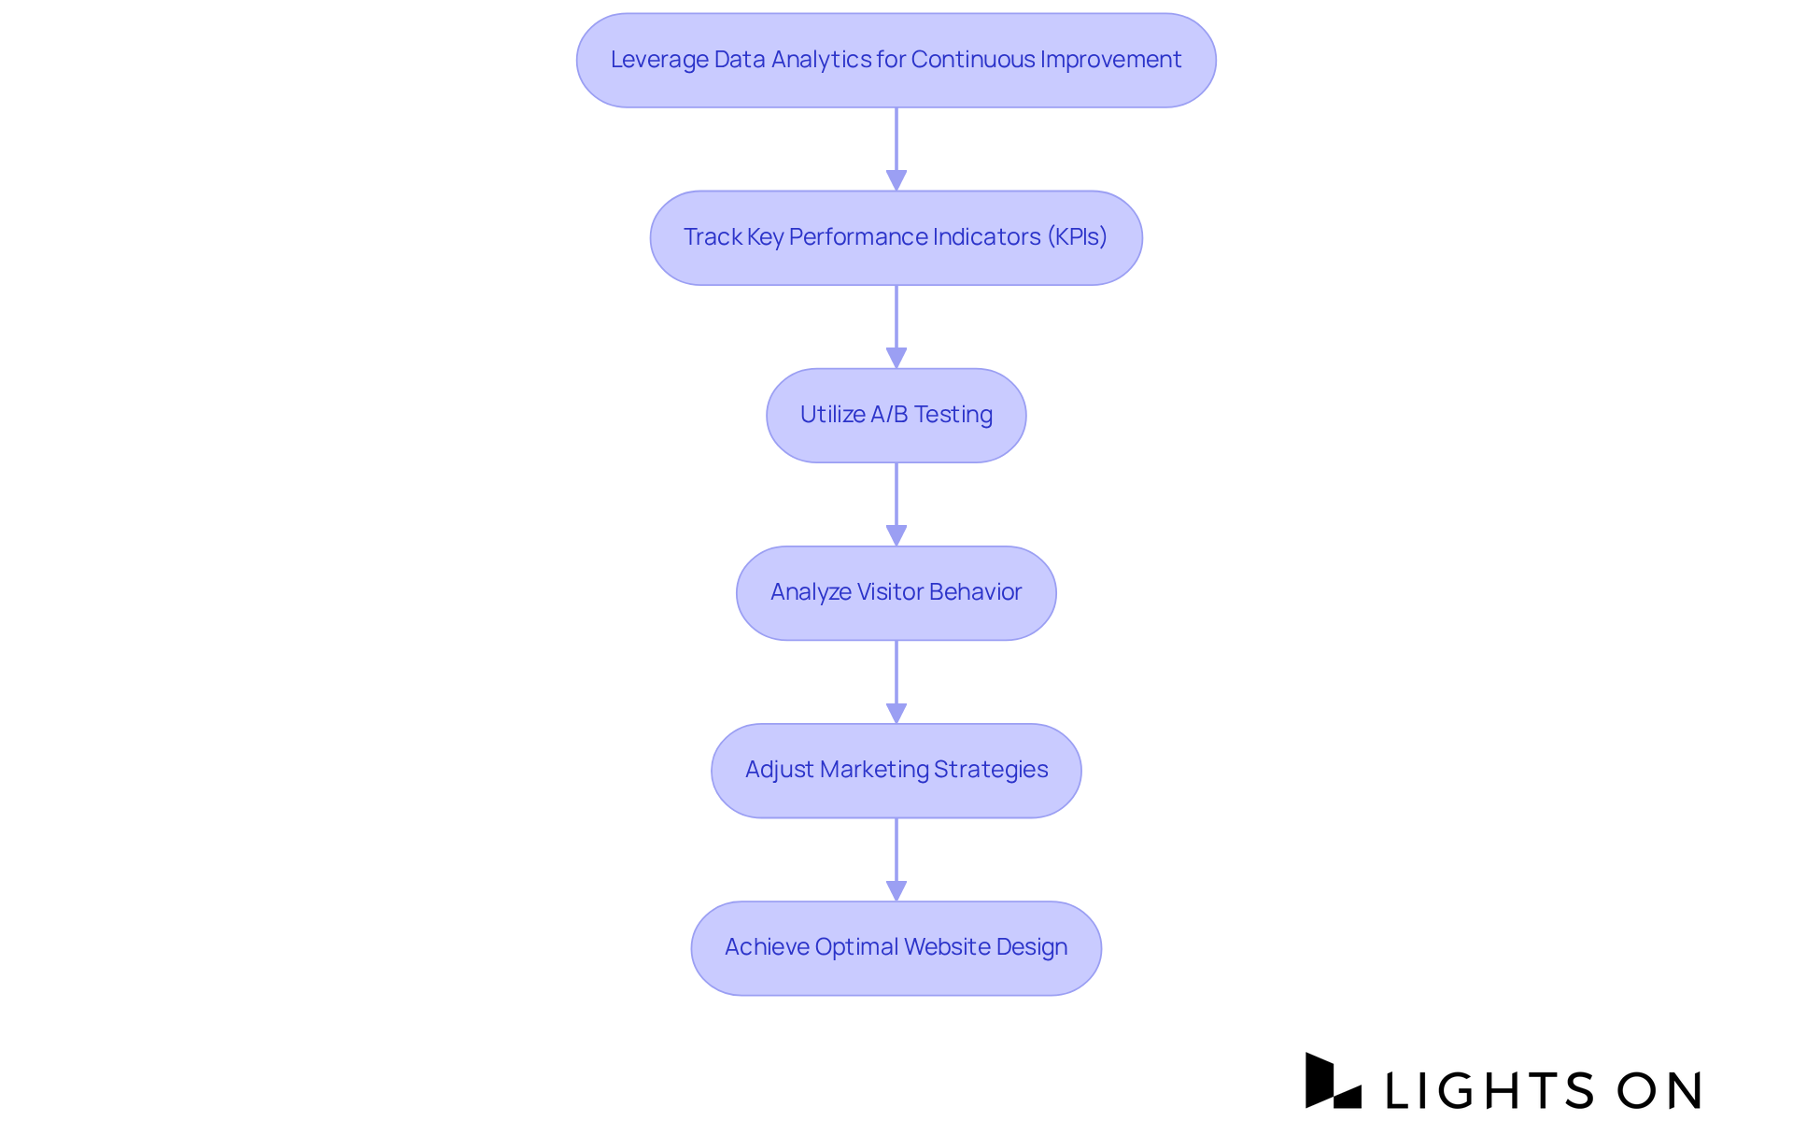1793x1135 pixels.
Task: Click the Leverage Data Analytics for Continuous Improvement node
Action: (896, 60)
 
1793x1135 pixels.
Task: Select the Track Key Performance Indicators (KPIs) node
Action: (896, 237)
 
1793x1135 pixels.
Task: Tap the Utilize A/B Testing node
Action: (896, 415)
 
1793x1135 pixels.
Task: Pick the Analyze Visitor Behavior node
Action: (896, 592)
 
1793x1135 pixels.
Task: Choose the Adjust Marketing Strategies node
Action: (896, 770)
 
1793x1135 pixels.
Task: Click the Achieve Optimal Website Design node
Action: (896, 947)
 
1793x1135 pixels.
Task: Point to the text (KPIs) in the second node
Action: (1077, 237)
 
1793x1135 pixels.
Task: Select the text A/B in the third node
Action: (889, 415)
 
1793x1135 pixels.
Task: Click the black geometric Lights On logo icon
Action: (1332, 1081)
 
